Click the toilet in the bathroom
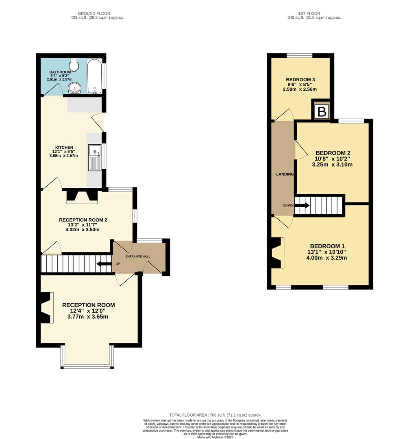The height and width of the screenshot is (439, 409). point(74,64)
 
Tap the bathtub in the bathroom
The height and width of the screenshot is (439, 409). point(94,76)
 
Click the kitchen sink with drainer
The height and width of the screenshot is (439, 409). point(95,158)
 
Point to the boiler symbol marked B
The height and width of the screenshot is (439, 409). point(322,112)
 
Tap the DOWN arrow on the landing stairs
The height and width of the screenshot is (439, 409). point(302,205)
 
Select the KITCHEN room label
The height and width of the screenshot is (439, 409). point(64,148)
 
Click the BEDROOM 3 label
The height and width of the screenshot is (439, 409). point(300,80)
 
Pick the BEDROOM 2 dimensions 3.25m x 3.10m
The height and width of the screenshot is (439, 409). point(332,165)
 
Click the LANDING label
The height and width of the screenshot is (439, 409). point(285,174)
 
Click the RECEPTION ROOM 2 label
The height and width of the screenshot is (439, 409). point(83,220)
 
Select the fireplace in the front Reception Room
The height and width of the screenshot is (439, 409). point(46,308)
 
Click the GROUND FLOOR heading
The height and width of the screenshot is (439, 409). point(94,13)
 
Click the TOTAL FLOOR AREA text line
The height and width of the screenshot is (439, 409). point(215,415)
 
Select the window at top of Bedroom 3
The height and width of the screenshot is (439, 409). point(300,55)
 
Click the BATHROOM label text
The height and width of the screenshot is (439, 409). point(60,72)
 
